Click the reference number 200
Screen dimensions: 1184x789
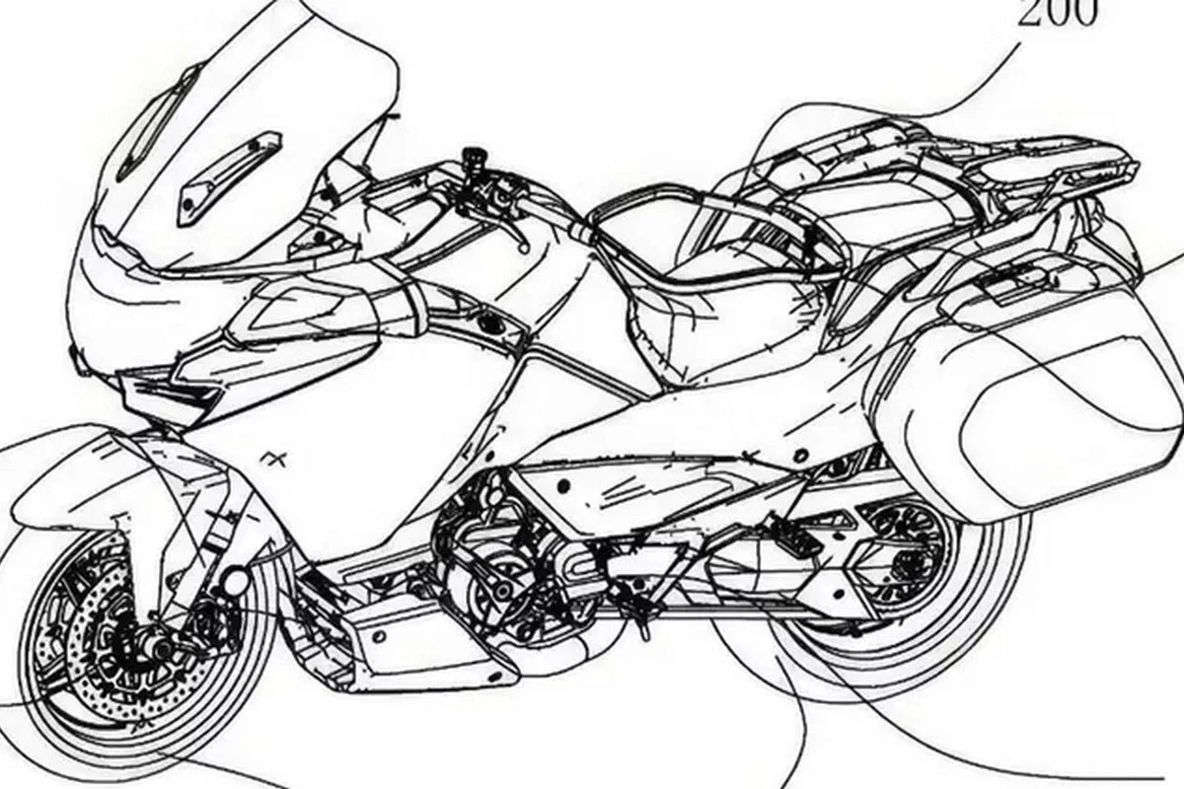[1056, 15]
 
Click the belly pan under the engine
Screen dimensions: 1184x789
[414, 641]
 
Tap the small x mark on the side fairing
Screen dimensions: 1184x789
[268, 457]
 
